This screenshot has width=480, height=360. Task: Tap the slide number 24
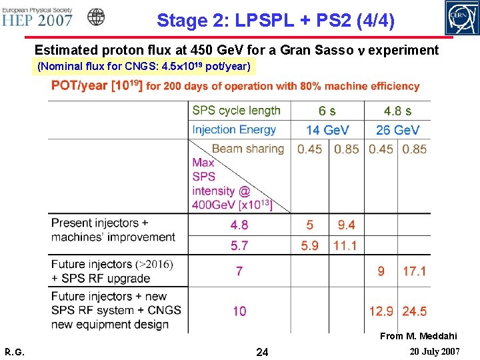tap(262, 351)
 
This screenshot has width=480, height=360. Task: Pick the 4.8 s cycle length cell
tap(397, 111)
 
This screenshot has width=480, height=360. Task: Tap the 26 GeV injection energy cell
tap(397, 130)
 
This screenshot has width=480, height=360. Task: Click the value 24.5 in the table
tap(414, 311)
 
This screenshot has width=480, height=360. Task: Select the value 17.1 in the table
tap(414, 271)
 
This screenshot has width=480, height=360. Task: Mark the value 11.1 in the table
tap(345, 246)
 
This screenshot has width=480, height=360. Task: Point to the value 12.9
tap(381, 311)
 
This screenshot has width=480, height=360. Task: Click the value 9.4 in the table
tap(346, 225)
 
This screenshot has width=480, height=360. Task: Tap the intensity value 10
tap(239, 311)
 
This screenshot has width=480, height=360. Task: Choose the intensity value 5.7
tap(239, 246)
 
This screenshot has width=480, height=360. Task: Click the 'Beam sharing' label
tap(247, 149)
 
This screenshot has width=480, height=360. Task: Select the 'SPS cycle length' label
tap(236, 111)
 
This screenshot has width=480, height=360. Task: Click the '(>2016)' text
tap(154, 264)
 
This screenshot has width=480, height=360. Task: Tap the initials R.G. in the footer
tap(14, 351)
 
